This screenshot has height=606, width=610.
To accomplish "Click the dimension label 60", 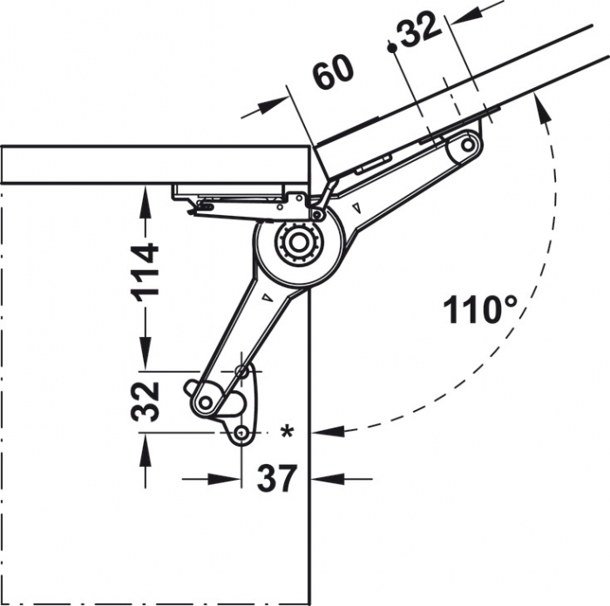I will click(x=334, y=73).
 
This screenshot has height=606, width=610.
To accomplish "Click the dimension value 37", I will click(x=276, y=478).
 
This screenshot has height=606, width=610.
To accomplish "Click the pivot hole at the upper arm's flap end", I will click(x=467, y=144).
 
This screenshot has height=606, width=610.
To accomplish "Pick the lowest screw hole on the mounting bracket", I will click(x=241, y=433).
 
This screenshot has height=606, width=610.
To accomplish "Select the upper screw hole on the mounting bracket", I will click(x=241, y=372).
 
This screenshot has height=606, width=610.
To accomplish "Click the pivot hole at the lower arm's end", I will click(x=206, y=402).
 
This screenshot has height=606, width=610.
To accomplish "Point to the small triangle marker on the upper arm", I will click(x=358, y=207).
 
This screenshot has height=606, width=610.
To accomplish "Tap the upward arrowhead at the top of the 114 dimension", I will click(x=145, y=193).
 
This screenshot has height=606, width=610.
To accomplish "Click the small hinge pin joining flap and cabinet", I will click(x=318, y=214).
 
